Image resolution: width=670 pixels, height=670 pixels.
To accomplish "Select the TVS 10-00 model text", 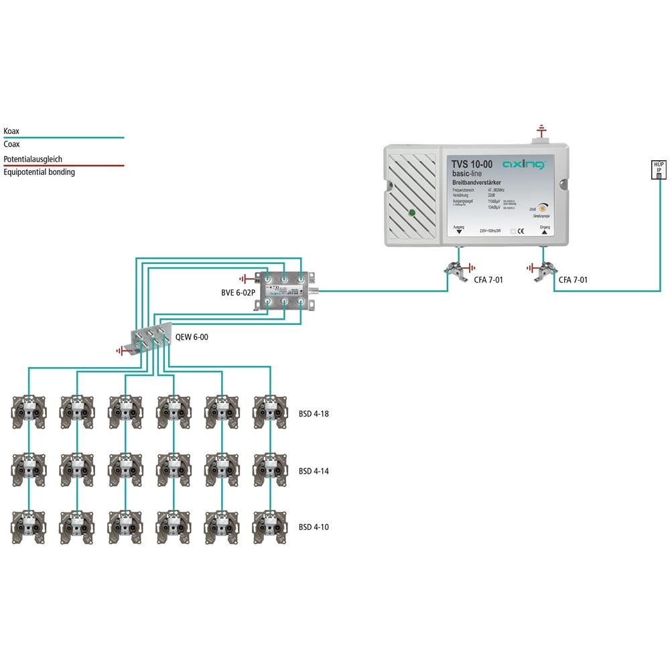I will tap(472, 164).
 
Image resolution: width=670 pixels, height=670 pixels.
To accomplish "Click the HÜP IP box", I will tap(659, 170).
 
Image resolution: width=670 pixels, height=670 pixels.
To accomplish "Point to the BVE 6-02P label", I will tap(240, 293).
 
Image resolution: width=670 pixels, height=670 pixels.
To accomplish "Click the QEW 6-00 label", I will tap(192, 337).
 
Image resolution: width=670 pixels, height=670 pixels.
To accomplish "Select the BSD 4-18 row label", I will tap(314, 414).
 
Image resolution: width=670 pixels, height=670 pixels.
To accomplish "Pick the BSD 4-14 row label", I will tap(314, 471).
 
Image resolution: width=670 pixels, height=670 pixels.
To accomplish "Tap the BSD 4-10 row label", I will tap(314, 527).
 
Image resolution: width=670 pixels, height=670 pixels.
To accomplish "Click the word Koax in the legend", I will tap(11, 131).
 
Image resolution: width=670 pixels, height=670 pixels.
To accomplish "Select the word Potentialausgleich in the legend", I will tap(33, 159).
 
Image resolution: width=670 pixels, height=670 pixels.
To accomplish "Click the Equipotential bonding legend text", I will tap(39, 172).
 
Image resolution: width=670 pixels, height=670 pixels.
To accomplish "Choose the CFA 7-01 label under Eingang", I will tap(573, 279).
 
